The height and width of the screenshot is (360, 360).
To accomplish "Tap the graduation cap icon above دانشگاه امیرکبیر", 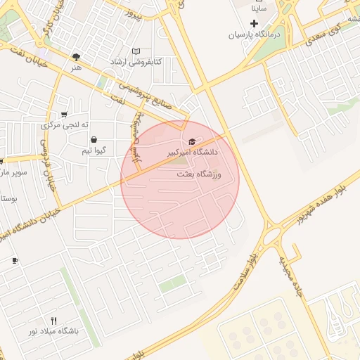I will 192,142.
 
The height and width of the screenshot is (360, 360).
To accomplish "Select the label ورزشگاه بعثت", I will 197,174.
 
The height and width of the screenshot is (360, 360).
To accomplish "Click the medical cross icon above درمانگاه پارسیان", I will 254,23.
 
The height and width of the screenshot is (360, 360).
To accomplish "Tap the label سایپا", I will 259,9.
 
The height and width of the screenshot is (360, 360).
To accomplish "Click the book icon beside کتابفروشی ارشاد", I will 136,51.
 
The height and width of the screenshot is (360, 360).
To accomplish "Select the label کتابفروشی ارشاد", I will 136,62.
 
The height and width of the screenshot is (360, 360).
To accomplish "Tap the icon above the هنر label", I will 76,57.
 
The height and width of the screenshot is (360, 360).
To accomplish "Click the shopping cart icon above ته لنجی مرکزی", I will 65,114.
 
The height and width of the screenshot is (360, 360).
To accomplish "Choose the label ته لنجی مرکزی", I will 65,124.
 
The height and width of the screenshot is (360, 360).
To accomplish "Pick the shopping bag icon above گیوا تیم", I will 94,140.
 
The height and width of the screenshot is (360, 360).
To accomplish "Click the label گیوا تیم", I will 94,150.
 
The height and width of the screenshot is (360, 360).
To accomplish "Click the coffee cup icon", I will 15,261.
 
